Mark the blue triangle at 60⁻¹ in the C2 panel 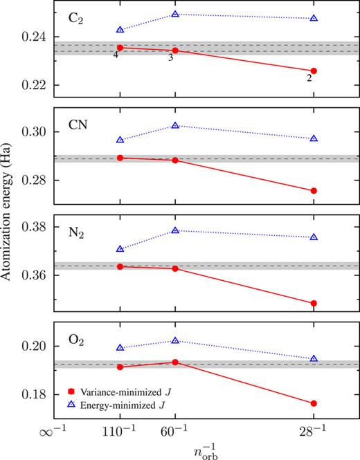(x=175, y=14)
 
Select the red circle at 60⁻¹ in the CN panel (x=175, y=160)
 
